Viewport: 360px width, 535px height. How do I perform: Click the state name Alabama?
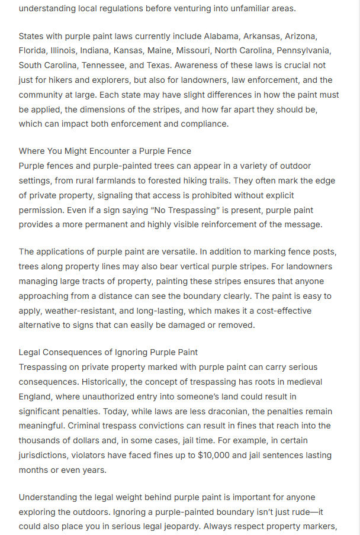click(205, 37)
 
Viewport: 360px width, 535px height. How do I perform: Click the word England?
click(36, 397)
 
